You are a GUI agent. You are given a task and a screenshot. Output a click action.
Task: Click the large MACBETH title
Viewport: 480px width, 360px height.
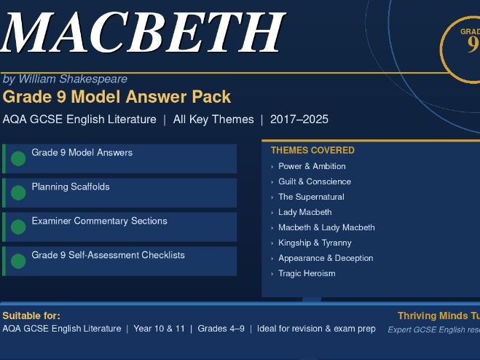142,33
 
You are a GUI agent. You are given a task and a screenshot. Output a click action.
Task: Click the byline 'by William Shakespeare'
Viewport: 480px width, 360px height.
65,79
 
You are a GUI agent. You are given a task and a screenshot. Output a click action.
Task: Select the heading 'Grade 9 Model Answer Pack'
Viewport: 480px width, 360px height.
117,97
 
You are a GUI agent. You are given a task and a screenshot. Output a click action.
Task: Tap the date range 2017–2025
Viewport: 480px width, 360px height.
299,120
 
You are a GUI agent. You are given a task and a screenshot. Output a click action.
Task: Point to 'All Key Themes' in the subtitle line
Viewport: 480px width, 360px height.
213,120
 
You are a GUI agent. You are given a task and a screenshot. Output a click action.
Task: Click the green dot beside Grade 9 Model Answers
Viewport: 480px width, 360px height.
18,158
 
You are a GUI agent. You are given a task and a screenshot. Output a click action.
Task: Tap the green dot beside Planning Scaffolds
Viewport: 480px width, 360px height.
18,192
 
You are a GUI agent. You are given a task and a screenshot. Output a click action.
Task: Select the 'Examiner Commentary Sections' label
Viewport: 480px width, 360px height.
99,221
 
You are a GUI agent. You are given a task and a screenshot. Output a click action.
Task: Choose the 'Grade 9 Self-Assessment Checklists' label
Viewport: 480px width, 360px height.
108,255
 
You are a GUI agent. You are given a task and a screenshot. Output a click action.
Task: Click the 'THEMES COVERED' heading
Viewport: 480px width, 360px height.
312,150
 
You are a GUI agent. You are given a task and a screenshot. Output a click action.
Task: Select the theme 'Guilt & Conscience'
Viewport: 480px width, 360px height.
315,181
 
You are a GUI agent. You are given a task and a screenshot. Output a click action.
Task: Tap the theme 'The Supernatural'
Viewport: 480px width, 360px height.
311,197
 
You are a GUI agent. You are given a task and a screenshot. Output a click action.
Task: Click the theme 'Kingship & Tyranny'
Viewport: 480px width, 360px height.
315,243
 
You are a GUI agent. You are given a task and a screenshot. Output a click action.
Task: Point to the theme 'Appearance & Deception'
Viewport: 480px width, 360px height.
326,258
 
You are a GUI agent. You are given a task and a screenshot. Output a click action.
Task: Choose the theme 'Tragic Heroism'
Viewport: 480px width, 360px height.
307,273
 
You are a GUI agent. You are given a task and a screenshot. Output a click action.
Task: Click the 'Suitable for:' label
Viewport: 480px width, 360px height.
31,316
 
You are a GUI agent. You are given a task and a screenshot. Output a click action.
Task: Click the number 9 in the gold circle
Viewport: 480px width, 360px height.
472,44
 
